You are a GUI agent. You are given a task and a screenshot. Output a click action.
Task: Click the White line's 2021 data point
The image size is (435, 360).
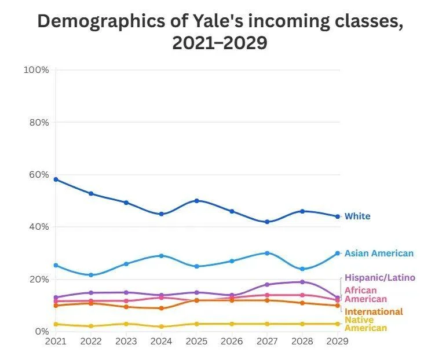[56, 179]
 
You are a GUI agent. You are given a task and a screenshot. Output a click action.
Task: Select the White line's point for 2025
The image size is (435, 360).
[197, 201]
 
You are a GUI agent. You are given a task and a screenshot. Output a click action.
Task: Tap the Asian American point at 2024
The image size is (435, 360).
[162, 256]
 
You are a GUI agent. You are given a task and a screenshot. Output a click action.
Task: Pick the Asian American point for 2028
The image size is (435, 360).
[302, 269]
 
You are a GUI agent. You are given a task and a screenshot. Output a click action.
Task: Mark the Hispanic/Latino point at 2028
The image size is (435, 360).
[302, 282]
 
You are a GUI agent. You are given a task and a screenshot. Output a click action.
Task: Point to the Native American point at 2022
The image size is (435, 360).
[91, 326]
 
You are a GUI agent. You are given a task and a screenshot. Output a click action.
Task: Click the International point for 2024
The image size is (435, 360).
[162, 308]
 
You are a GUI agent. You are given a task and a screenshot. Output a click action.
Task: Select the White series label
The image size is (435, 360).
[357, 216]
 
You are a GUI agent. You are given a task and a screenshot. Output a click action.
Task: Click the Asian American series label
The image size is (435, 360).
[379, 254]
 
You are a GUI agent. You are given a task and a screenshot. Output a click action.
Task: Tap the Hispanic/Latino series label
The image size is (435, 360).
[379, 278]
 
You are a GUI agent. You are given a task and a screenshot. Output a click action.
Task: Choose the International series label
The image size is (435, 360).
[374, 312]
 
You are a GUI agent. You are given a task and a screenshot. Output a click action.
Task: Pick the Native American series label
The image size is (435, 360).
[365, 324]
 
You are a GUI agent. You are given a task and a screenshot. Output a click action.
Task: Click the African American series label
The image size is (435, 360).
[365, 295]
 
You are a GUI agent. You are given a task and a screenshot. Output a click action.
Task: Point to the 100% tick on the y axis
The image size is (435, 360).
[36, 70]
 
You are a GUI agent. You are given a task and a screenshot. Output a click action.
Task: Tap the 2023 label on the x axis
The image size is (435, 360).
[126, 341]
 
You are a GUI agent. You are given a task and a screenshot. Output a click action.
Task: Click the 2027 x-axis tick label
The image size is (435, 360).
[267, 341]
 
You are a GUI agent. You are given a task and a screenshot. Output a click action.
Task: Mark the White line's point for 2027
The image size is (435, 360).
[267, 222]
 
